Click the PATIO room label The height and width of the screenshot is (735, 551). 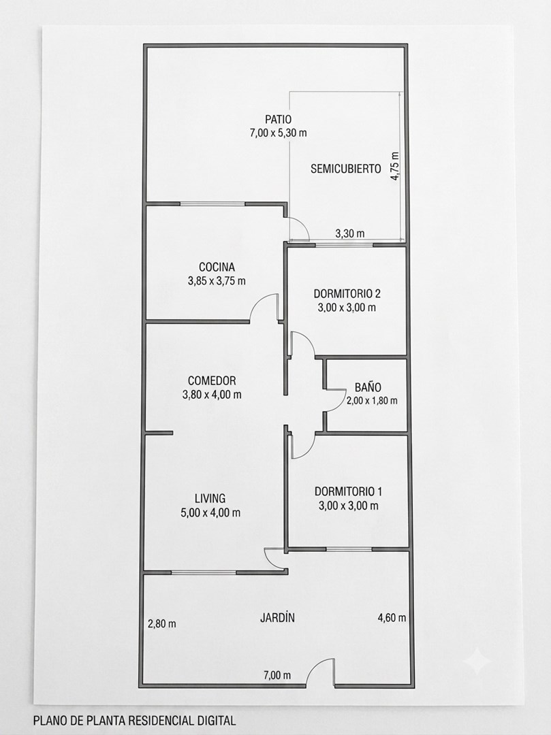tap(278, 120)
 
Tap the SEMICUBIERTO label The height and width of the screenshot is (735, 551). tap(345, 169)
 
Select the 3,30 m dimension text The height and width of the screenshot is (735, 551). tap(350, 233)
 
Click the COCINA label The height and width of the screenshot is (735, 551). tap(217, 267)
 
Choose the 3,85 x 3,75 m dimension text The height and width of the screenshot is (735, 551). tap(217, 281)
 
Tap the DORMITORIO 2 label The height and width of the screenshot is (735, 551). tap(347, 294)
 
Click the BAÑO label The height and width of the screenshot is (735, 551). tap(368, 387)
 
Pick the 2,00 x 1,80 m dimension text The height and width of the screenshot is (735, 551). tap(372, 401)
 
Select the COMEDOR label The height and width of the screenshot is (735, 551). tap(212, 380)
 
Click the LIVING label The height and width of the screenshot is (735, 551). tap(210, 498)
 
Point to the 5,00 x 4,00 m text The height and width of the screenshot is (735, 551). tap(210, 513)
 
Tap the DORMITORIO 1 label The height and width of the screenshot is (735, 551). tap(348, 492)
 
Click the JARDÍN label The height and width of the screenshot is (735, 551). tap(278, 618)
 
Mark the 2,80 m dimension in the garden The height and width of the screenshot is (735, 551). tap(162, 624)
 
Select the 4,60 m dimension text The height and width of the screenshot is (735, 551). tap(392, 618)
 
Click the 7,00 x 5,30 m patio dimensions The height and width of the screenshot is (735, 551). tap(279, 133)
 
